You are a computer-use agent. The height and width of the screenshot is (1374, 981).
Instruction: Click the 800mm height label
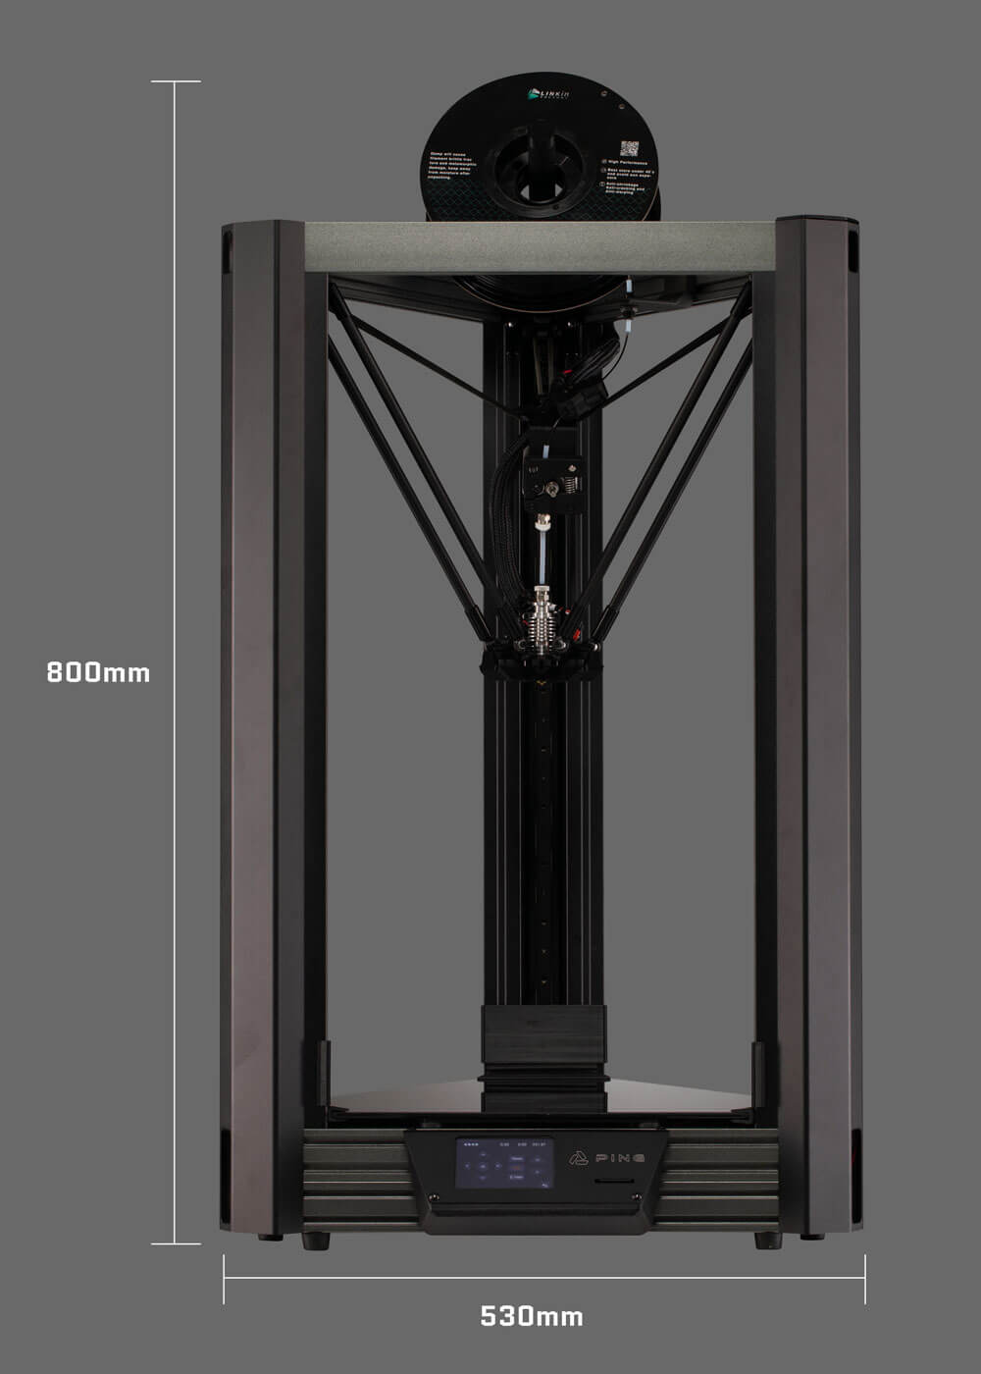pyautogui.click(x=98, y=672)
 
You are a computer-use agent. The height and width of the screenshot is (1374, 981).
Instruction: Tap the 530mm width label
pyautogui.click(x=532, y=1316)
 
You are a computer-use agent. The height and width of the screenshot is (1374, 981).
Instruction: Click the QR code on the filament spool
pyautogui.click(x=629, y=148)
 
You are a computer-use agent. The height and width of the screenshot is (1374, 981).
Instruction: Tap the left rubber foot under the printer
pyautogui.click(x=316, y=1241)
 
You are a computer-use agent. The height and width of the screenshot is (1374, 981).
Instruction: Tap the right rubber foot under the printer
pyautogui.click(x=768, y=1241)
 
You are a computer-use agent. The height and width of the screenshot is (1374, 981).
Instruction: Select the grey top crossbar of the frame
pyautogui.click(x=540, y=246)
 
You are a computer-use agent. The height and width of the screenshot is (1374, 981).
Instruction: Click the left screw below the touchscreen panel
pyautogui.click(x=433, y=1197)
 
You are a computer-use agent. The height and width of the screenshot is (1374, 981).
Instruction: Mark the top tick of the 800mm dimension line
pyautogui.click(x=176, y=81)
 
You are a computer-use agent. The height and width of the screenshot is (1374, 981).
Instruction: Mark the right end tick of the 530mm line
pyautogui.click(x=864, y=1279)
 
